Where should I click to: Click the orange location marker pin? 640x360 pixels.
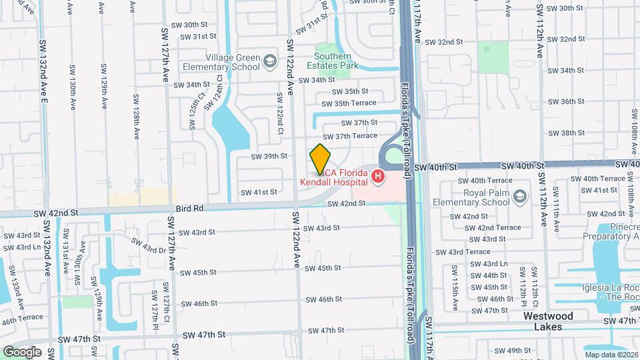coord(320,159)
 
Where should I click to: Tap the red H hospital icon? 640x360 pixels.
coord(378,176)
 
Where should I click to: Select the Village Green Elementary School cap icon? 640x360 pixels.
coord(269,62)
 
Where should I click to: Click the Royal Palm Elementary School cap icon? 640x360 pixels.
coord(520,197)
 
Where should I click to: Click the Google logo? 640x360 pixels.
coord(22,351)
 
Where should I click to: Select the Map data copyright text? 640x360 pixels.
coord(611,355)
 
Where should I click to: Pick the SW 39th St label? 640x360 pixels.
coord(269,157)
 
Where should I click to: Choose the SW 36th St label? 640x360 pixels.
coord(563,101)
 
